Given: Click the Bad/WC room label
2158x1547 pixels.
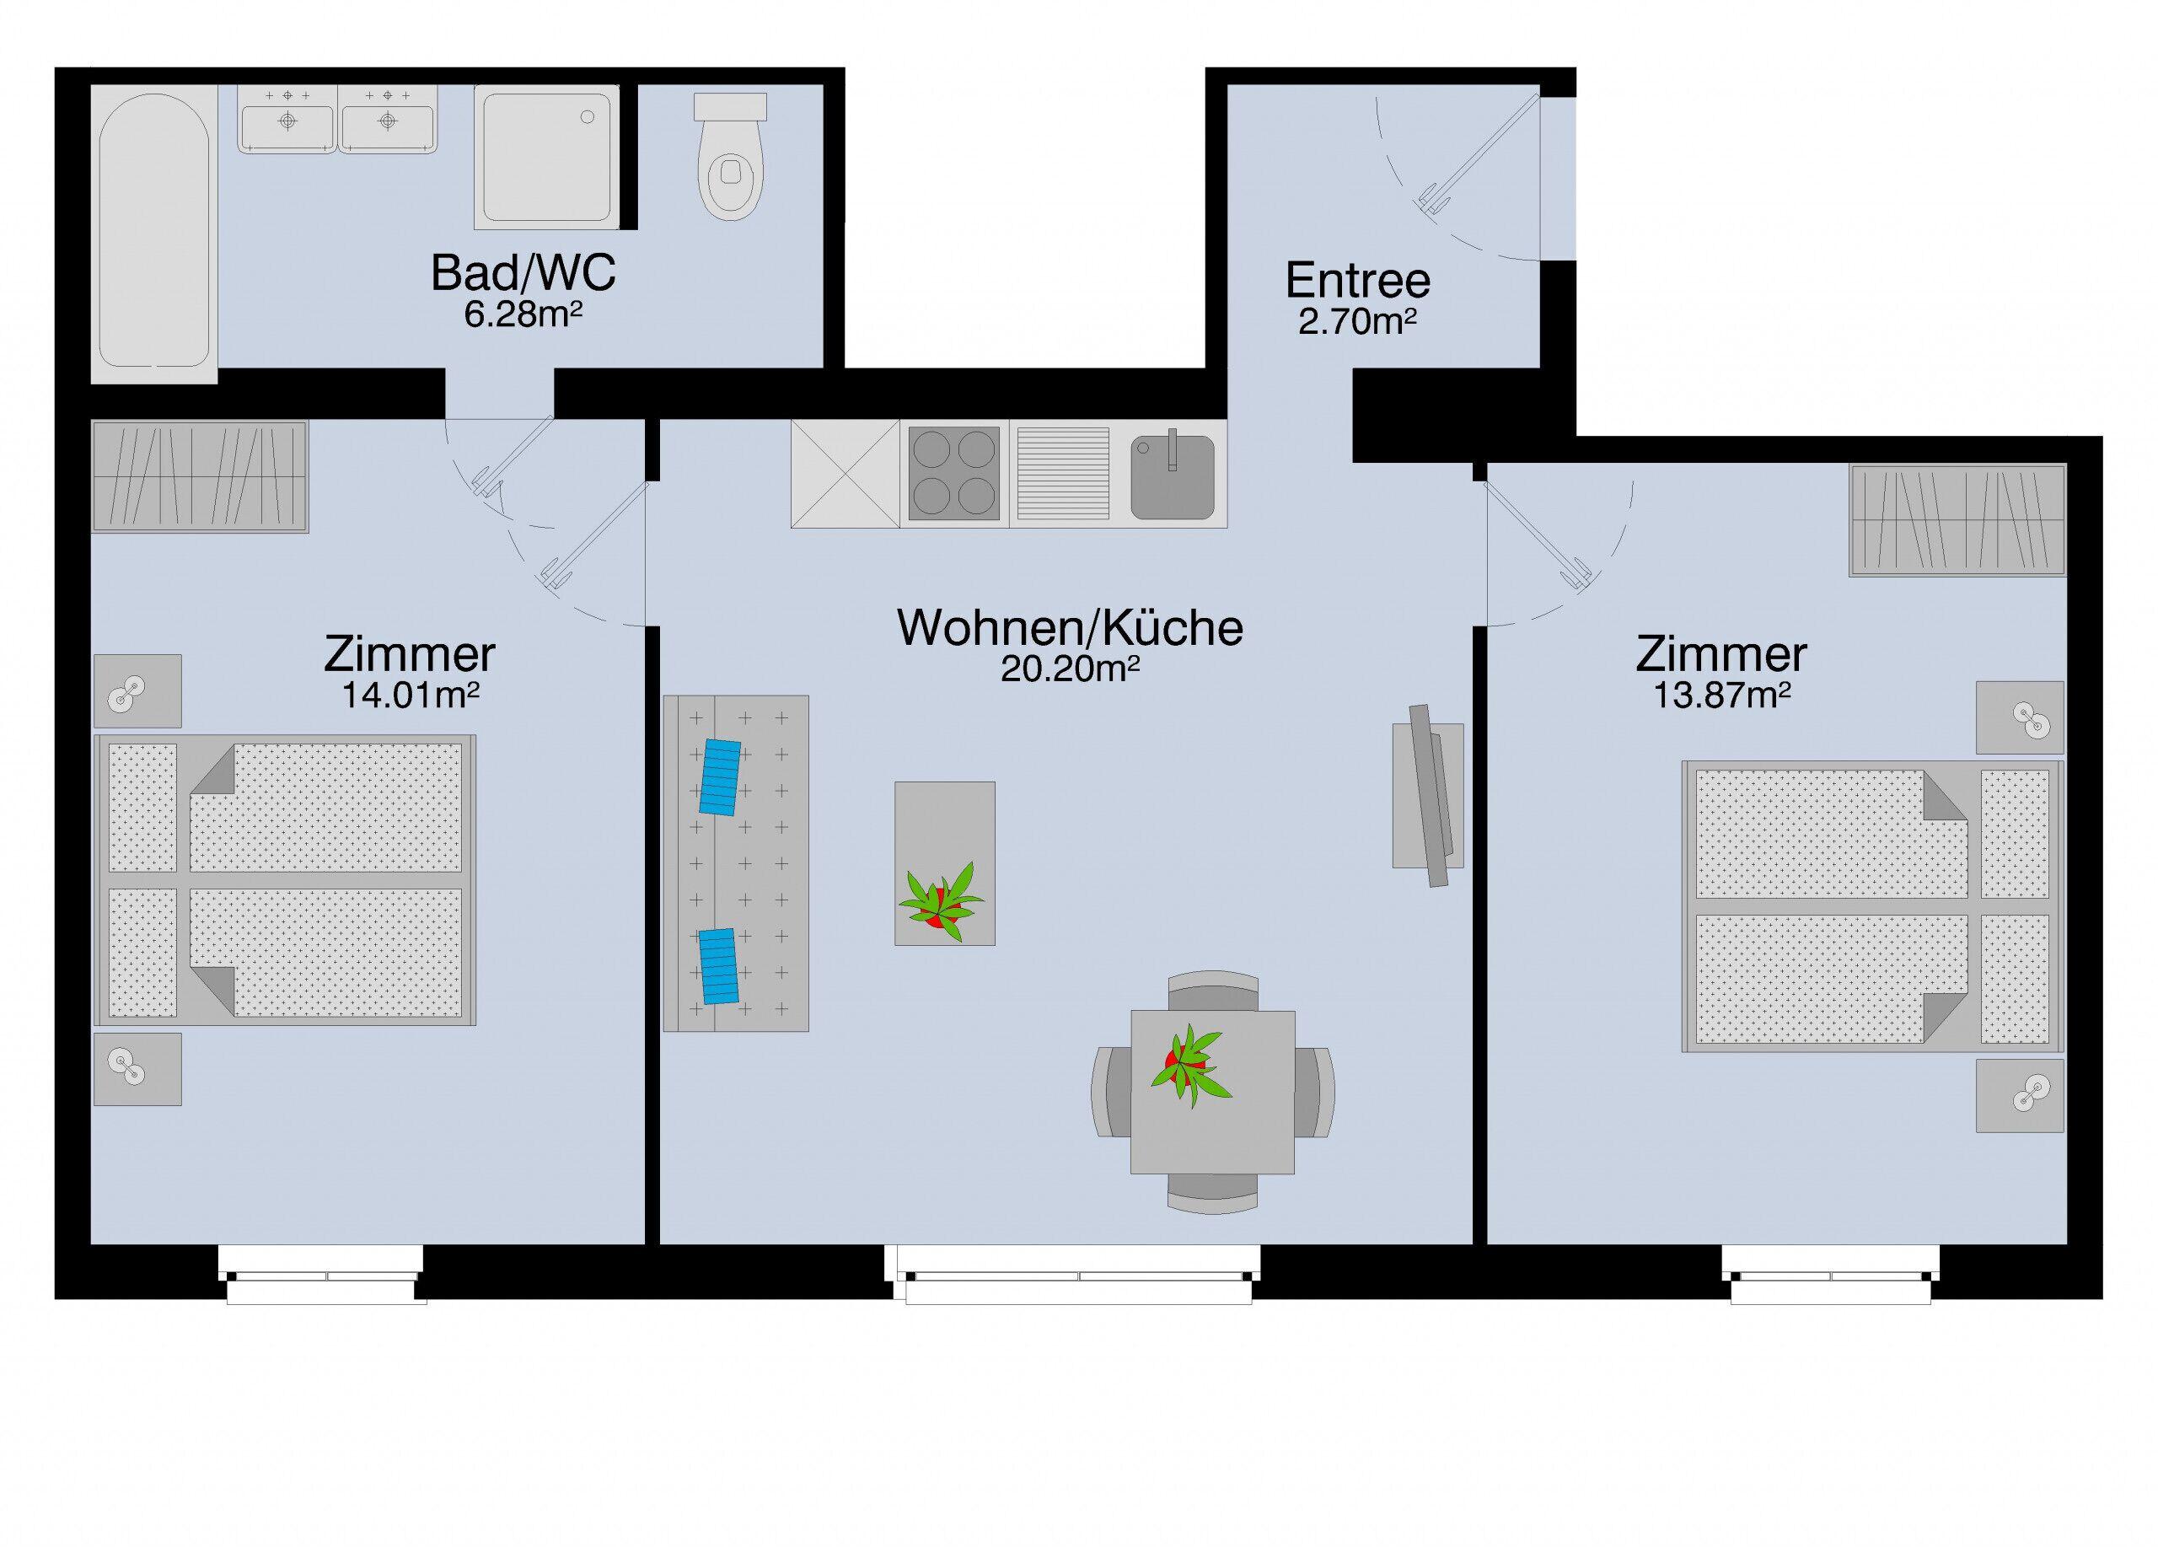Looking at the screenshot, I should [523, 273].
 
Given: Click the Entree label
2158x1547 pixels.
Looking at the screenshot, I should [1357, 281].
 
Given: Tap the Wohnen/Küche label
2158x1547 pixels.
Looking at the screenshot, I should [1070, 628].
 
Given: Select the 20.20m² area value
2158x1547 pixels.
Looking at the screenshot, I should [1070, 669].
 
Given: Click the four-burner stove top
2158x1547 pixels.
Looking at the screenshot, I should [954, 474].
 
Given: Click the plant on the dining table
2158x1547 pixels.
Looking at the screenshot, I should [1189, 1065].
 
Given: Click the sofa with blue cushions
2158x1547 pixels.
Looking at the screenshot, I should [736, 863].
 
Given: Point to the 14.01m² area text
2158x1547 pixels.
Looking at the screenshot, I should [409, 696].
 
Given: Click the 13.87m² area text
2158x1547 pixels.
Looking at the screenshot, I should [1721, 696].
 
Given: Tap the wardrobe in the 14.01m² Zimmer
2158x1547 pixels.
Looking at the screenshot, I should [200, 476].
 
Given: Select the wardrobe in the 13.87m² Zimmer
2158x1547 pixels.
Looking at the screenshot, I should [1957, 519].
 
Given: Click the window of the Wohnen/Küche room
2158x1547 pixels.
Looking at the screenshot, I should [1072, 1274].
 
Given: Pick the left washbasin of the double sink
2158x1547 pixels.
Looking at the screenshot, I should [287, 120].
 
